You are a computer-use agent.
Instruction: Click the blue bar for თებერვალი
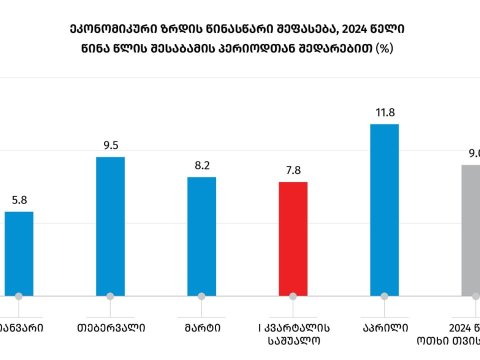tap(110, 226)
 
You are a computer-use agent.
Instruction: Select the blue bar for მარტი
tap(201, 236)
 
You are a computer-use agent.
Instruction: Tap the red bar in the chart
tap(292, 238)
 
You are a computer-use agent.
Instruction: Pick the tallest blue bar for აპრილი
tap(384, 210)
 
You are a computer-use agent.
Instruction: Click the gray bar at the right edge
tap(470, 230)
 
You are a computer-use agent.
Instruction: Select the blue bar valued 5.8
tap(19, 253)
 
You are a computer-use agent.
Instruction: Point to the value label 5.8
tap(19, 200)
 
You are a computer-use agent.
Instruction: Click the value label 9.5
tap(110, 145)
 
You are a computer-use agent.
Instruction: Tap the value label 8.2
tap(201, 165)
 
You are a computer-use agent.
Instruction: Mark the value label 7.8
tap(292, 171)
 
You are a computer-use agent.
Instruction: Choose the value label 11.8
tap(384, 112)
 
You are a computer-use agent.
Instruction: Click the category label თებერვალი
tap(110, 326)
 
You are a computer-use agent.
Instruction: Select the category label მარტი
tap(201, 326)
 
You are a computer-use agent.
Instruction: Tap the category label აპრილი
tap(384, 326)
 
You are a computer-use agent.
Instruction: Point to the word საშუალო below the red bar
tap(292, 341)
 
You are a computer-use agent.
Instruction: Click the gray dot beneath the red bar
tap(292, 297)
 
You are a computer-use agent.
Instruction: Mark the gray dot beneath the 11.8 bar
tap(384, 297)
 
